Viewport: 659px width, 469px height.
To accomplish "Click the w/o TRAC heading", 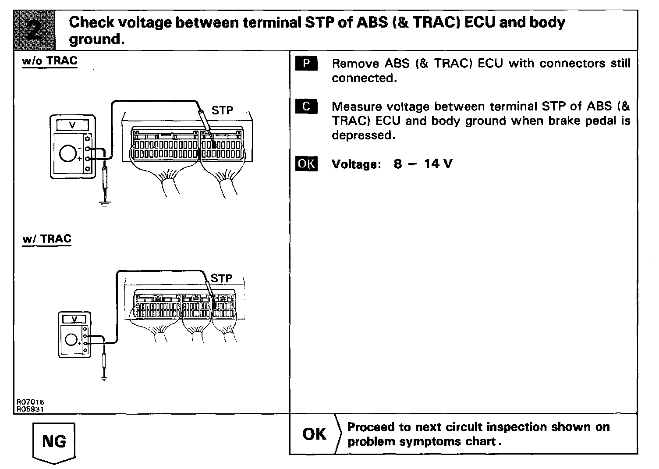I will point(50,61).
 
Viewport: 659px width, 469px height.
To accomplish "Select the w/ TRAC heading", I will point(46,239).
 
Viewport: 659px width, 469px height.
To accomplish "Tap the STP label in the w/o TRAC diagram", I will point(222,110).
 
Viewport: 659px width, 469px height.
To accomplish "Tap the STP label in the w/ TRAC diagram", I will point(221,278).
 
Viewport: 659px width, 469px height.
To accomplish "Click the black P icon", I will point(306,64).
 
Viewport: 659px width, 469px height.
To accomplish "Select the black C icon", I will point(306,107).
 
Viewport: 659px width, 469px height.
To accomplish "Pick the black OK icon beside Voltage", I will point(306,164).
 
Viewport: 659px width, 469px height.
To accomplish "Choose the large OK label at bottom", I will point(314,434).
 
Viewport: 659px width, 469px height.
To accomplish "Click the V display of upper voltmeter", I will point(73,125).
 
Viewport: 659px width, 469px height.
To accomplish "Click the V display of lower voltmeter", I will point(74,319).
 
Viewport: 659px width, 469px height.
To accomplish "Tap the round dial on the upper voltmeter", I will point(68,154).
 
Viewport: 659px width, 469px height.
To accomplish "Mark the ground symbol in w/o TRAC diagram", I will point(104,203).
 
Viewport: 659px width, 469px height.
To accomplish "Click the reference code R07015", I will point(31,401).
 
